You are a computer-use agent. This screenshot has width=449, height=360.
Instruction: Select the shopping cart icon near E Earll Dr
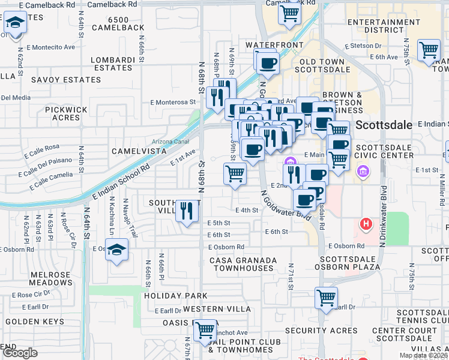pyautogui.click(x=326, y=297)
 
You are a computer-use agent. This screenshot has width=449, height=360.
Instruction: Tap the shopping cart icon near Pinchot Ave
pyautogui.click(x=205, y=329)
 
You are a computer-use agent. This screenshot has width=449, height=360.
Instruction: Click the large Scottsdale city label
pyautogui.click(x=385, y=125)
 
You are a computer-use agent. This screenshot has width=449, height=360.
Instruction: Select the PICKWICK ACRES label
pyautogui.click(x=67, y=113)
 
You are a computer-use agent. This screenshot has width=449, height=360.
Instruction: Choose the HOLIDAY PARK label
pyautogui.click(x=175, y=296)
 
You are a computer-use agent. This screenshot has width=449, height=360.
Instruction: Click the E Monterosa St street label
pyautogui.click(x=173, y=103)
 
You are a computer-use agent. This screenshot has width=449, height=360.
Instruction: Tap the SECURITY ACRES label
pyautogui.click(x=322, y=331)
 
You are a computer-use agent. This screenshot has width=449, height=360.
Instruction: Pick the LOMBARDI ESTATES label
pyautogui.click(x=113, y=64)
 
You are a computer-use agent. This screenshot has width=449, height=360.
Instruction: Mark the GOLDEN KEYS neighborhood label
pyautogui.click(x=34, y=322)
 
